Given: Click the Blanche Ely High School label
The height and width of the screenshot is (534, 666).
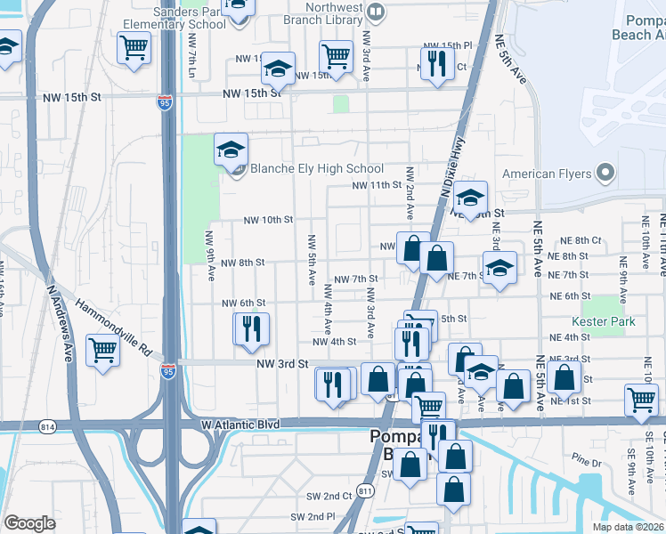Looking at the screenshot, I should pos(316,169).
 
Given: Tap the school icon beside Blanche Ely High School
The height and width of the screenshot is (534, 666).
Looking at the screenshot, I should pos(231,150).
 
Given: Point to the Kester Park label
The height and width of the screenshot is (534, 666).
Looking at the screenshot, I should pos(604,321).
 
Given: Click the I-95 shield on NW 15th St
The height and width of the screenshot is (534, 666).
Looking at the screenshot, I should pos(164,103).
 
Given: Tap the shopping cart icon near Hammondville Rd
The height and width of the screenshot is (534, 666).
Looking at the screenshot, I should pos(103,350).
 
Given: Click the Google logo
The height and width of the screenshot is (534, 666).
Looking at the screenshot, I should pos(29,522).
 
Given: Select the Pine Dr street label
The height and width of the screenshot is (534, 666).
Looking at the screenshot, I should pos(588,461).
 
